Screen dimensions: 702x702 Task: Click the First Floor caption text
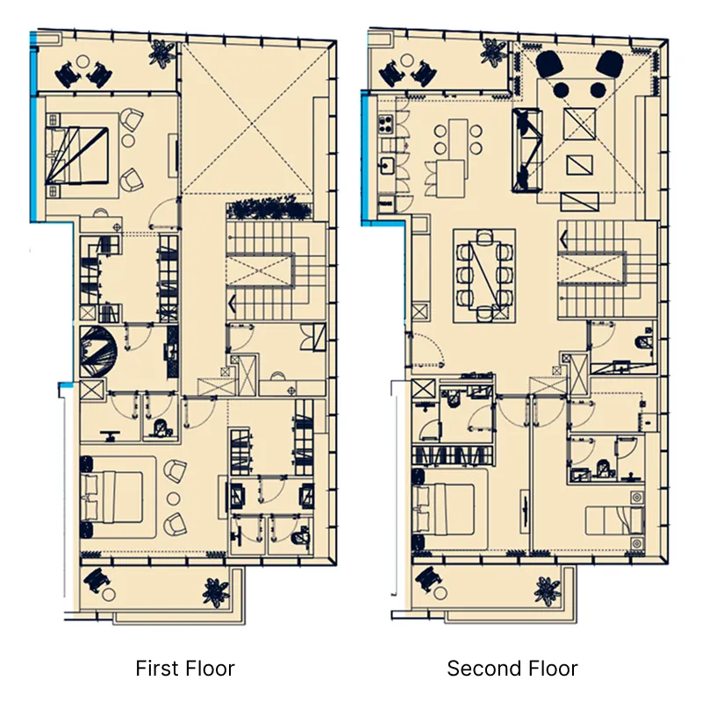click(x=185, y=669)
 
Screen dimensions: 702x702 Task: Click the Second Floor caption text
click(x=512, y=669)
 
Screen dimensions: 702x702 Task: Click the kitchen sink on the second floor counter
click(x=385, y=163)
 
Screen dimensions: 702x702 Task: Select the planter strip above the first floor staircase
click(x=269, y=210)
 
